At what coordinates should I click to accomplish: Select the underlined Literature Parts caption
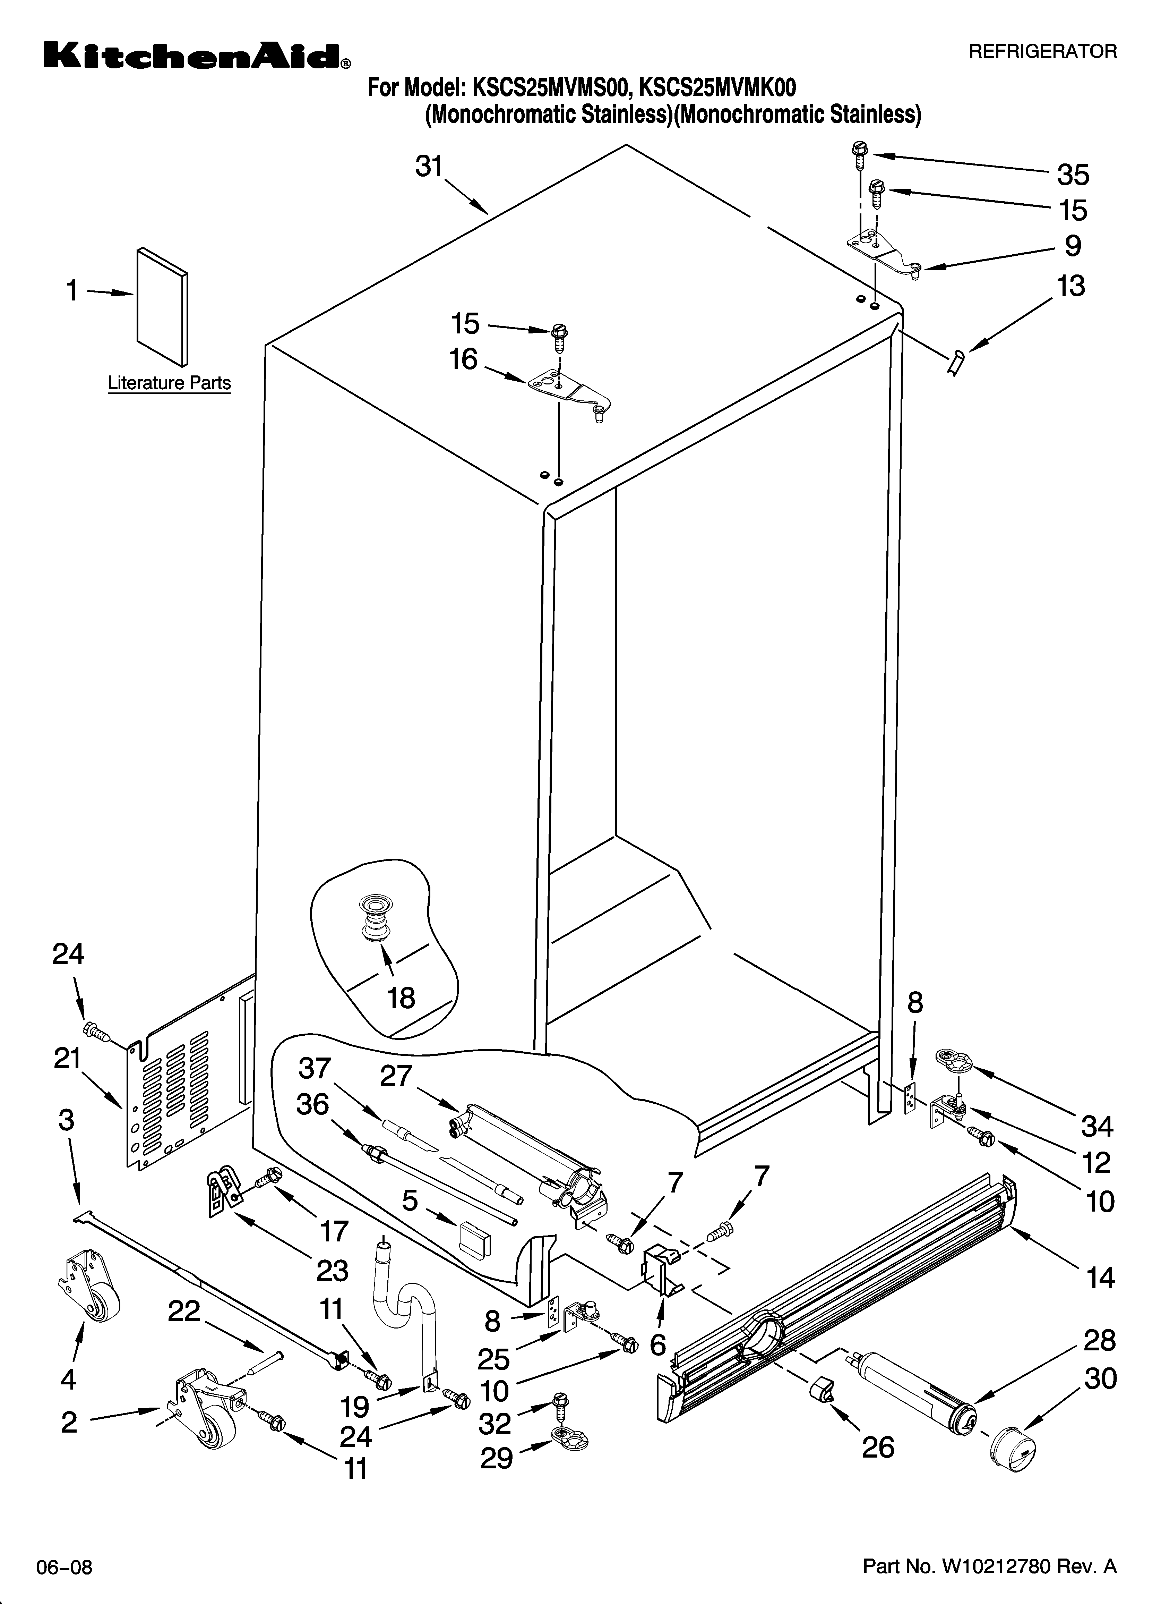coord(169,383)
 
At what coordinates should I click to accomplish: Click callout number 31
coord(429,167)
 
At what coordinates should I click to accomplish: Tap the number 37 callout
coord(315,1068)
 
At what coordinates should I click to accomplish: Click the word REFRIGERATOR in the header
coord(1042,52)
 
